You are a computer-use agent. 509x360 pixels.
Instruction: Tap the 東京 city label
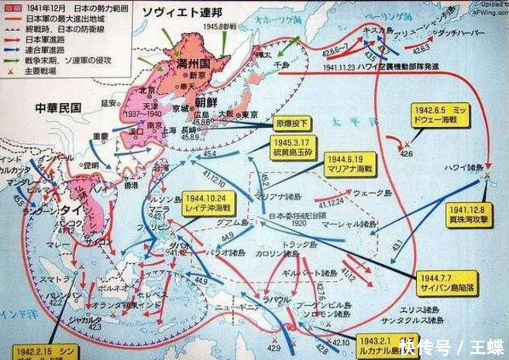[x=250, y=114]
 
